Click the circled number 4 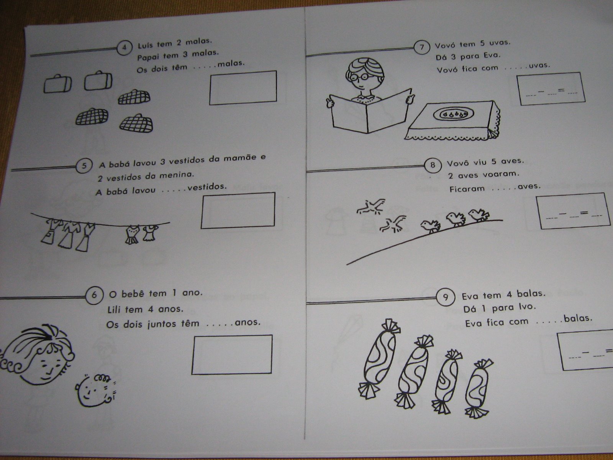(x=124, y=48)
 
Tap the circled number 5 (x=84, y=166)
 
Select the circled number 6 (x=94, y=295)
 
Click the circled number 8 (x=433, y=165)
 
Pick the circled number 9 (x=446, y=297)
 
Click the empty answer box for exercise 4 (x=243, y=88)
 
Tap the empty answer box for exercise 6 (x=232, y=355)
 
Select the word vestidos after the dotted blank (x=207, y=187)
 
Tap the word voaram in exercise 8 (x=501, y=174)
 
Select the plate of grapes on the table (x=453, y=114)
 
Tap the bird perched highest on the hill (x=479, y=215)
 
